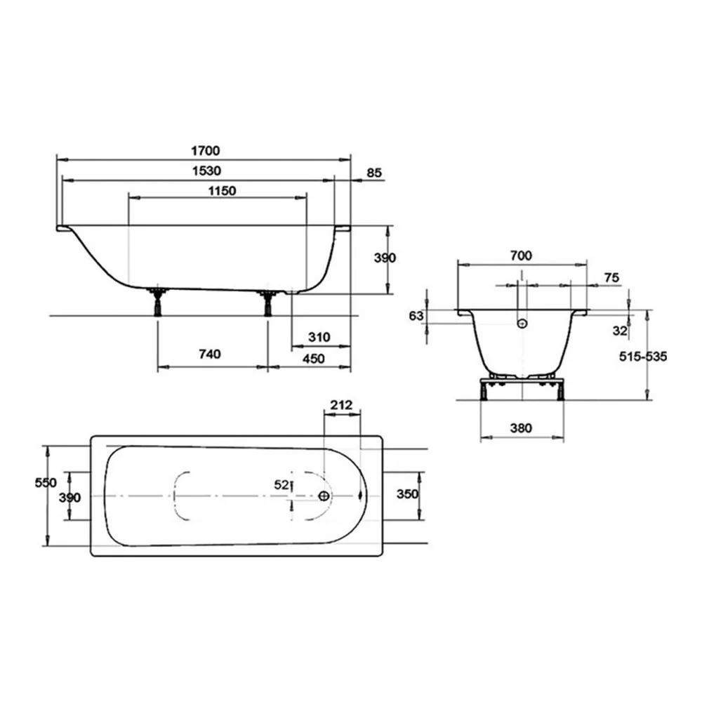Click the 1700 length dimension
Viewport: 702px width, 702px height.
coord(206,150)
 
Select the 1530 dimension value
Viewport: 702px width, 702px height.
coord(206,171)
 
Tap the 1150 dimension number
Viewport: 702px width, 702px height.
coord(222,191)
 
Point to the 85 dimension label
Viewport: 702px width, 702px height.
coord(374,173)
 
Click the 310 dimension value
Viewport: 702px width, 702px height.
coord(319,337)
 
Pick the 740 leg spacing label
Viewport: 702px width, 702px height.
coord(209,354)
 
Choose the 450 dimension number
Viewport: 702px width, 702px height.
coord(313,359)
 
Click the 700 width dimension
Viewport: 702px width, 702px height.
coord(521,256)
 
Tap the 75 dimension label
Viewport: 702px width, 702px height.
coord(611,277)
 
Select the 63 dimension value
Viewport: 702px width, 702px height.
coord(416,316)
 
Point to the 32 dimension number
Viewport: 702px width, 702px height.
coord(620,331)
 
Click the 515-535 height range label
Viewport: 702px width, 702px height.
coord(643,357)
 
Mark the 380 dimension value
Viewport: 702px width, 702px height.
coord(521,428)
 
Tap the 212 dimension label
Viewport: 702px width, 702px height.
coord(341,405)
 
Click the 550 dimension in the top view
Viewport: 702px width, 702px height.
coord(46,483)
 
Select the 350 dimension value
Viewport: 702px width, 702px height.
coord(407,494)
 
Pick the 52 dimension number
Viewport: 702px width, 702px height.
coord(282,484)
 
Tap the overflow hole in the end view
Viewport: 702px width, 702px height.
coord(522,323)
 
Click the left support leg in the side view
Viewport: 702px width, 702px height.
coord(157,302)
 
